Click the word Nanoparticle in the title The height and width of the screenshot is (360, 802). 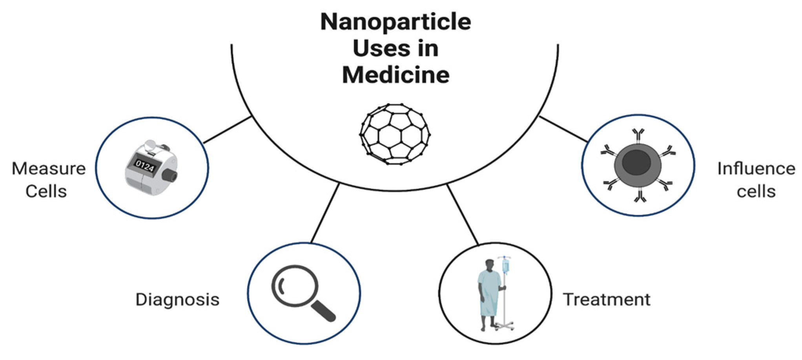[x=396, y=22]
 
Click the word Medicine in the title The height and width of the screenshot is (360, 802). [x=396, y=75]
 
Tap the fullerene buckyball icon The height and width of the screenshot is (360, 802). [x=395, y=134]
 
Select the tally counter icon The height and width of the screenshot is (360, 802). [x=151, y=168]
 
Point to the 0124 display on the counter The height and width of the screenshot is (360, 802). [x=144, y=166]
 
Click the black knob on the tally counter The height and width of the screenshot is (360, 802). [x=171, y=175]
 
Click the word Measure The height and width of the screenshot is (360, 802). [x=49, y=169]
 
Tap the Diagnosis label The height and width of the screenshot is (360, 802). [x=177, y=300]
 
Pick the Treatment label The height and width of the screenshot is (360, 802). [x=607, y=300]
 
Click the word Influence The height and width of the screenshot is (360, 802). [x=756, y=169]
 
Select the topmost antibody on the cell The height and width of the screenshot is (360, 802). [x=638, y=135]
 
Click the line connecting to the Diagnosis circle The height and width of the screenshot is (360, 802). [x=325, y=213]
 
